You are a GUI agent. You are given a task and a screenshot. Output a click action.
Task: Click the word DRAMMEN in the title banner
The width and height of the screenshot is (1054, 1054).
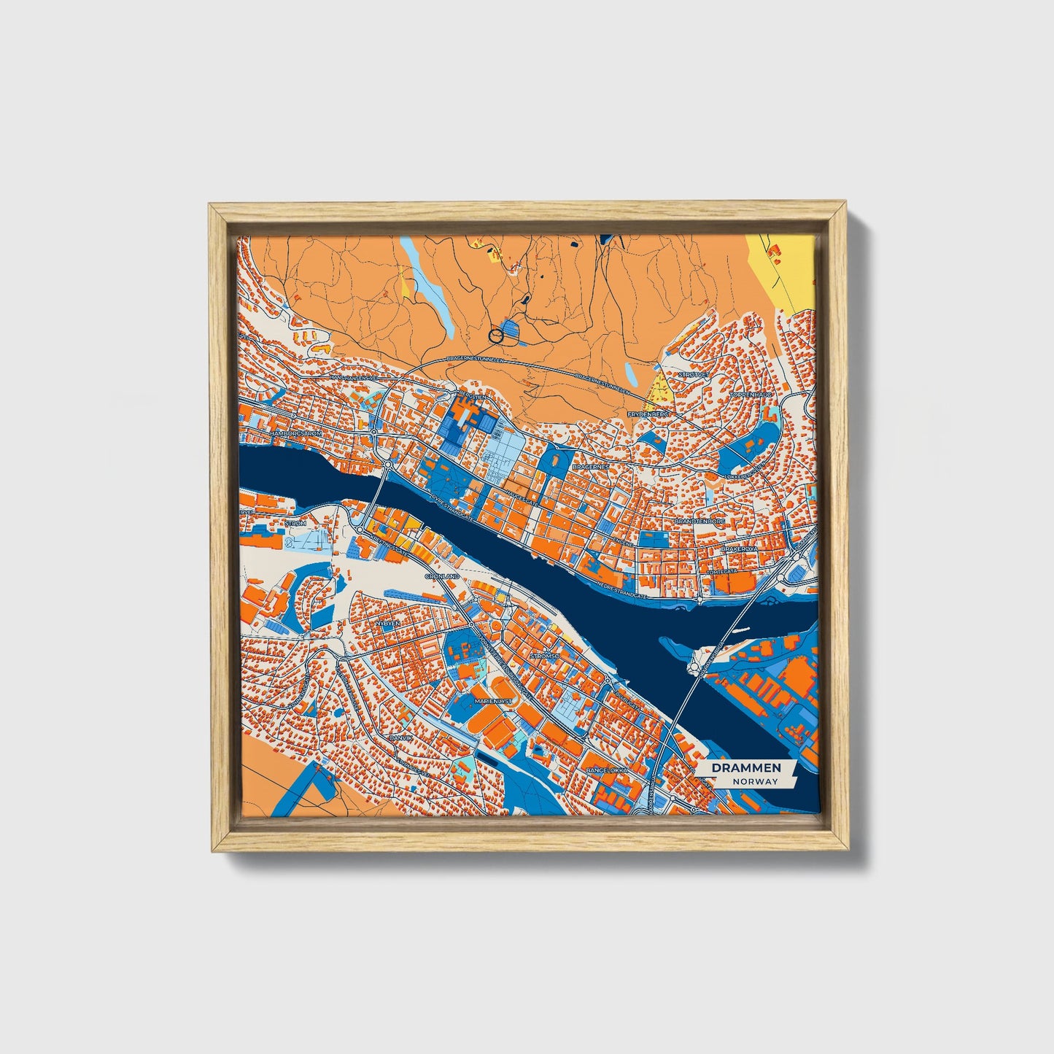[x=746, y=767]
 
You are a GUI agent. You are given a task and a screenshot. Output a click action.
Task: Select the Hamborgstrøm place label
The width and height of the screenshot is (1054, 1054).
[x=296, y=433]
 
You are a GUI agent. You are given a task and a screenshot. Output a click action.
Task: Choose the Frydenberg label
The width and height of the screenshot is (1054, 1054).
[x=648, y=414]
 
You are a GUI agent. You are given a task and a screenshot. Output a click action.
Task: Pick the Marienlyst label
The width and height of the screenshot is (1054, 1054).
[x=494, y=700]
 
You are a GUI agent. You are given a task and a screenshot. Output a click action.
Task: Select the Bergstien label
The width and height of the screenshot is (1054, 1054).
[x=469, y=396]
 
